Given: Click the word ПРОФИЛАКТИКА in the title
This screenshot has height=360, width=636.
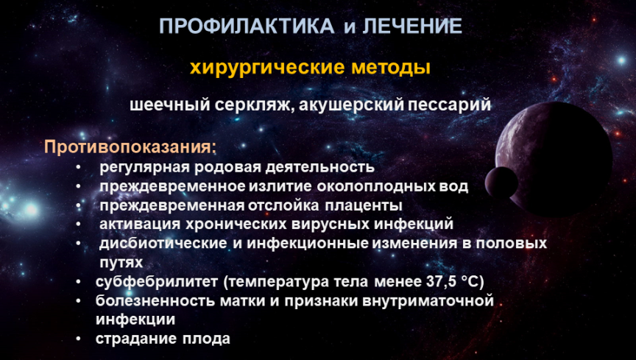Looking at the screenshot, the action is [247, 27].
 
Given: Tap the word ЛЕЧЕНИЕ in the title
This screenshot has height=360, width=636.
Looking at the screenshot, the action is [412, 27].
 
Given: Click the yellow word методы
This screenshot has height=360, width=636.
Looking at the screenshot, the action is [391, 68].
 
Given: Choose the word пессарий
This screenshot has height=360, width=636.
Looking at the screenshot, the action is [449, 105].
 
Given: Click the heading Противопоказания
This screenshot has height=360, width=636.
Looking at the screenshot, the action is [130, 147].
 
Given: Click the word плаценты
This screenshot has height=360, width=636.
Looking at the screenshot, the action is [363, 205].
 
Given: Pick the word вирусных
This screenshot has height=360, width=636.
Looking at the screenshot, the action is [331, 224].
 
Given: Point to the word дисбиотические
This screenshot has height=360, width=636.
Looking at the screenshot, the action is [163, 243].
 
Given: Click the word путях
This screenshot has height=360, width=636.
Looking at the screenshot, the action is [121, 263].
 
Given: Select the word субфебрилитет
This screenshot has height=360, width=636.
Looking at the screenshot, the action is [157, 282].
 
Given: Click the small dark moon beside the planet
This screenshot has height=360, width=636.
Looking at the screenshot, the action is [501, 183].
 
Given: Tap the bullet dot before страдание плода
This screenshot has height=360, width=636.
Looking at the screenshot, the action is [78, 338].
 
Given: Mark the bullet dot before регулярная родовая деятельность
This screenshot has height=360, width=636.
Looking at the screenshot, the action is [78, 167].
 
